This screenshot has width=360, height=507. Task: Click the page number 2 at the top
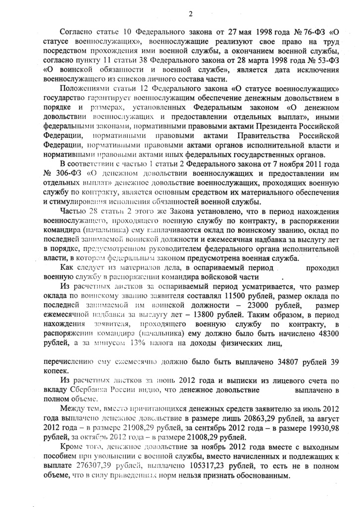(x=190, y=13)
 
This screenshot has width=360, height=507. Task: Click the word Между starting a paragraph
(x=72, y=410)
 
